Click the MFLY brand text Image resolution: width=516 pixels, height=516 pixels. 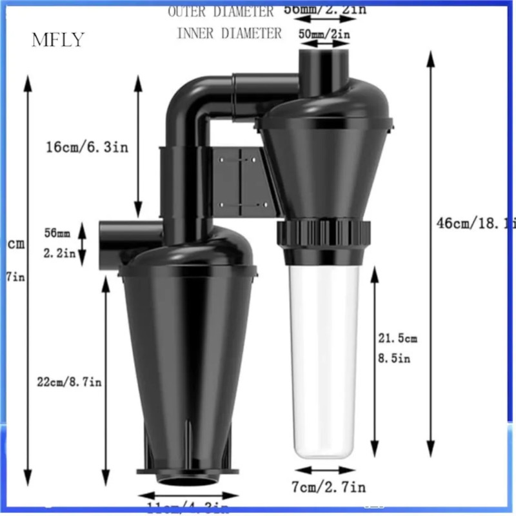[x=58, y=40]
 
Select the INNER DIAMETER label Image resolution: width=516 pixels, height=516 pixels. [x=229, y=32]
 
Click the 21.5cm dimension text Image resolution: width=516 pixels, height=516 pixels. [x=398, y=338]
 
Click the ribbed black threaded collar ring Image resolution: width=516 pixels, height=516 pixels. [x=325, y=230]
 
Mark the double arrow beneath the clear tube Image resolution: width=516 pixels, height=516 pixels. [x=321, y=471]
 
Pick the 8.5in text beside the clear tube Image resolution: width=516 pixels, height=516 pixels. [x=395, y=359]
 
